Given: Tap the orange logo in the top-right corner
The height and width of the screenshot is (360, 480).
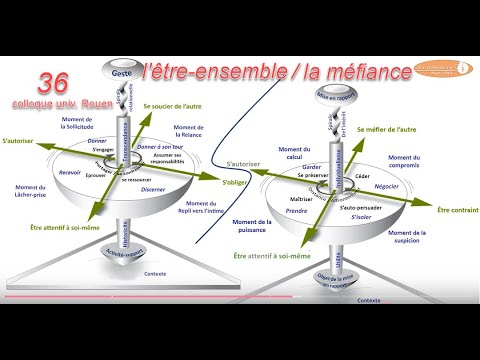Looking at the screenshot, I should pos(441,66).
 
